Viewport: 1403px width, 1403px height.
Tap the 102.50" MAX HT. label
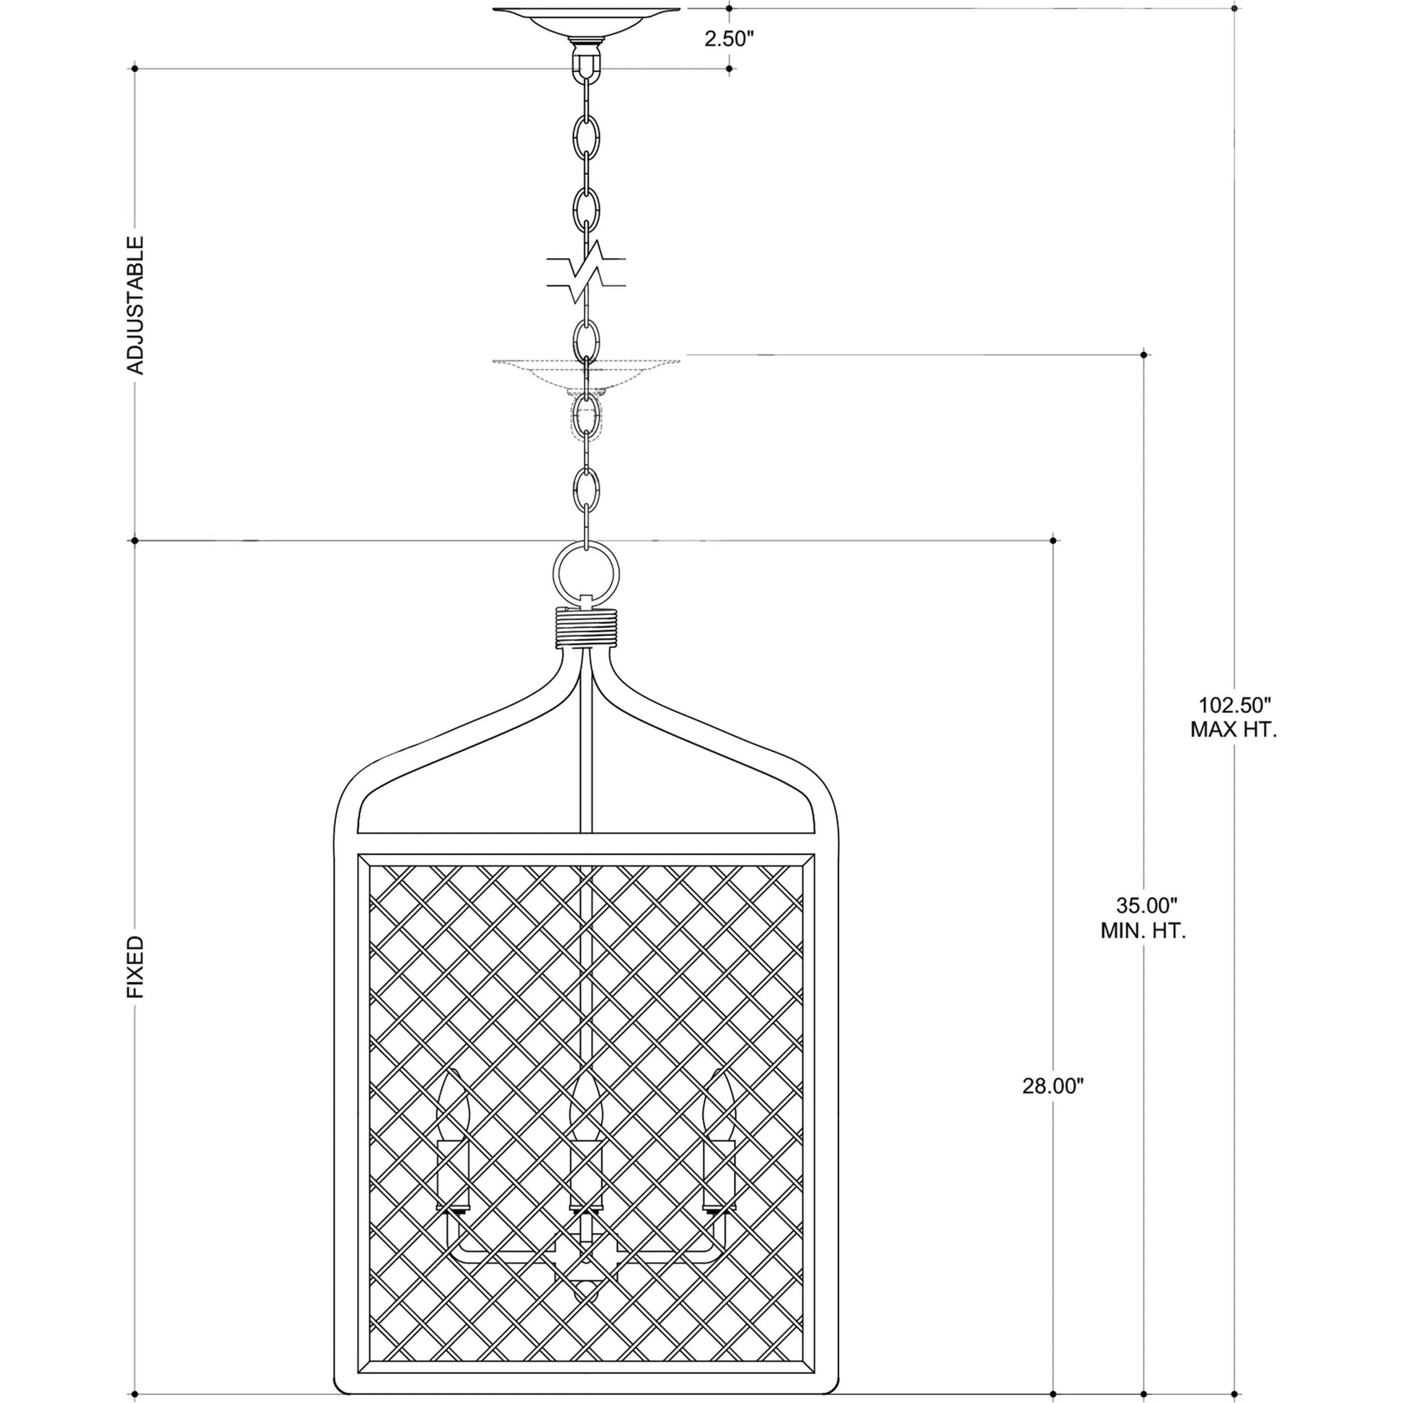coord(1233,717)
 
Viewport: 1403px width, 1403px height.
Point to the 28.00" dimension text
coord(1053,1106)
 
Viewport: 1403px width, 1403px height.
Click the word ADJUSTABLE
coord(136,305)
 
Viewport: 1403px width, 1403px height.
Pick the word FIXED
coord(136,968)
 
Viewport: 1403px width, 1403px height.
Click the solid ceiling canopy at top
coord(586,22)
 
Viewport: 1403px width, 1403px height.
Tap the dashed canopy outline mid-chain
coord(586,376)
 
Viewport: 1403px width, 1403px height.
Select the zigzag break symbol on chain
coord(586,272)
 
